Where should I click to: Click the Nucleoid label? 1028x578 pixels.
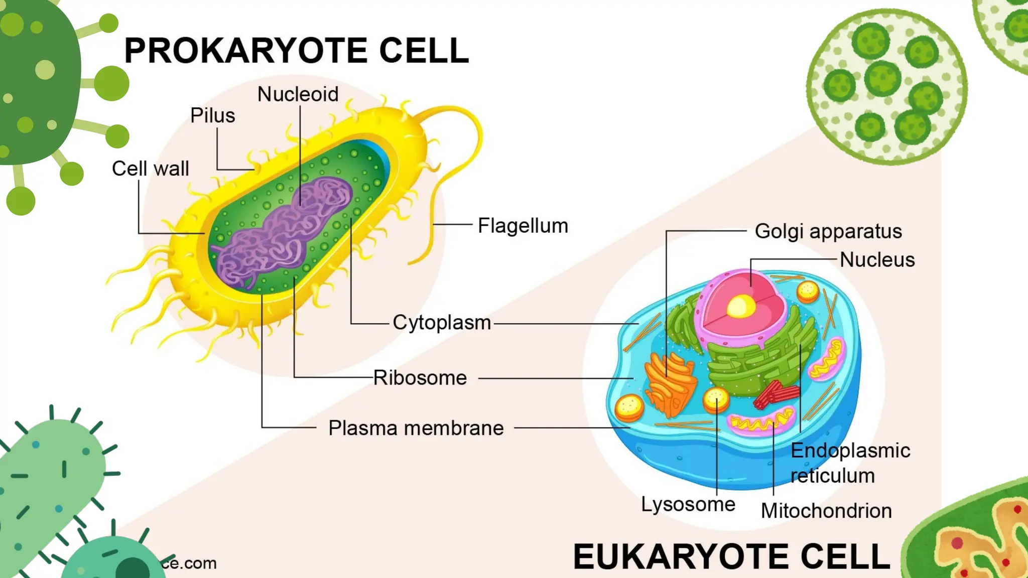coord(298,94)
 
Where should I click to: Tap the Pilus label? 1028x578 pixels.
coord(212,116)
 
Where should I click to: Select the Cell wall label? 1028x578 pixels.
coord(150,169)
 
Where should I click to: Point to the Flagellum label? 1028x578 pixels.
coord(523,226)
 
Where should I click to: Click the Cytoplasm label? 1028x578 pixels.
coord(442,323)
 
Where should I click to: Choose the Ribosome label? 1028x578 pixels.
coord(420,378)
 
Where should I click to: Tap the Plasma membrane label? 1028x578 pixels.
coord(416,428)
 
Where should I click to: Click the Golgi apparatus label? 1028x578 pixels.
coord(828,231)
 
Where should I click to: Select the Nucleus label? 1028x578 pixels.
coord(877,260)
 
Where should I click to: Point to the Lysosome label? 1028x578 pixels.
coord(688,504)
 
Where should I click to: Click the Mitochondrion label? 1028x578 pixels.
coord(826,511)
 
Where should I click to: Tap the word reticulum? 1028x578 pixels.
coord(832,476)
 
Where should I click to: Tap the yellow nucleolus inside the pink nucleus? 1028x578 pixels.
coord(741,306)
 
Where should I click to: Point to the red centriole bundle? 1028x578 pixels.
coord(776,394)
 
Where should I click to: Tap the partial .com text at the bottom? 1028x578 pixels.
coord(189,563)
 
